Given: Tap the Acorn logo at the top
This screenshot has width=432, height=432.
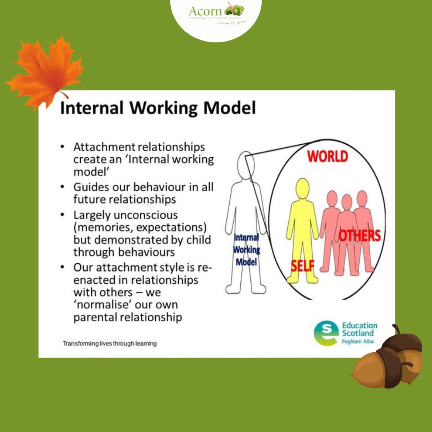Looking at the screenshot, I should pos(216,14).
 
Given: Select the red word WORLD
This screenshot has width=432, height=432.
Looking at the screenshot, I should pos(328,156).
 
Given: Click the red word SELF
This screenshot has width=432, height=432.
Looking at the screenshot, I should pos(303,265).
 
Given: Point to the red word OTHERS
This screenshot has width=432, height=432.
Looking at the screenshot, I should pos(360,236).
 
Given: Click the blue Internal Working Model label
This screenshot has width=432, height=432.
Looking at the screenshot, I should pos(246,250).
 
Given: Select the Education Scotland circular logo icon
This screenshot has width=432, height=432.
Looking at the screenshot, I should pos(326,333).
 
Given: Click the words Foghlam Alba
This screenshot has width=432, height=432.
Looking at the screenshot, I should pos(359,342).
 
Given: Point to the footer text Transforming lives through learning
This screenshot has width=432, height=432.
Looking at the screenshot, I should pos(110,343).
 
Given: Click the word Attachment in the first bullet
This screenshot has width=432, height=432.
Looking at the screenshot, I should pos(104,147).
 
